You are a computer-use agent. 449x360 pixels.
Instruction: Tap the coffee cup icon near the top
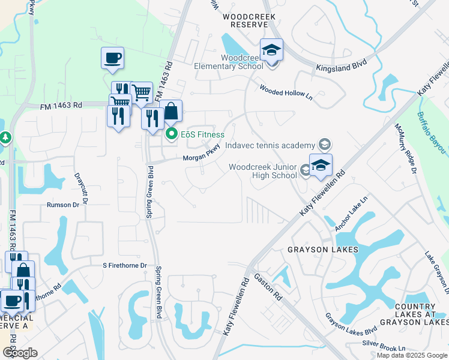pos(112,58)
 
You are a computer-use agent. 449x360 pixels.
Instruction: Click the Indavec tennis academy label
pos(270,146)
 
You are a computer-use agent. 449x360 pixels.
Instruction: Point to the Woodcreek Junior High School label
pos(264,171)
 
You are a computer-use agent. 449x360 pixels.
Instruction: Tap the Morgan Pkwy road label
pos(202,156)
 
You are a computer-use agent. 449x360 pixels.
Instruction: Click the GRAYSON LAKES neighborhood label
pos(322,249)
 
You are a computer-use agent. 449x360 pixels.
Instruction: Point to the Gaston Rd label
pos(268,287)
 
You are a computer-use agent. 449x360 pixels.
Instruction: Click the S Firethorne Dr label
pos(124,265)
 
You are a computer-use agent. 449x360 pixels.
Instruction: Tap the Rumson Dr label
pos(63,205)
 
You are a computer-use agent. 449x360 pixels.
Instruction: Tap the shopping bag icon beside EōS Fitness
pos(170,111)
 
